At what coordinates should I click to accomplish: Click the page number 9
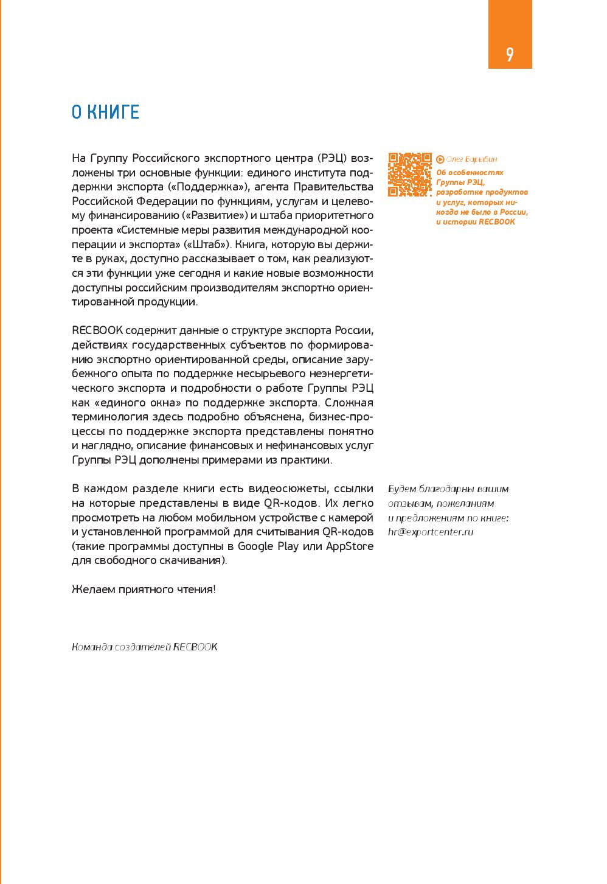(510, 55)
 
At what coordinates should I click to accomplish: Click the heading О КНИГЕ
(105, 113)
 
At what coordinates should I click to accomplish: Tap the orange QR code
(409, 175)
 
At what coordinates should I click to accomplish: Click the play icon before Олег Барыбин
(440, 159)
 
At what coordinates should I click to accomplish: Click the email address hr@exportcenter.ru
(430, 532)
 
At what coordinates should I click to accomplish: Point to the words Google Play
(268, 546)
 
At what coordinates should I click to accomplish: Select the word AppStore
(350, 546)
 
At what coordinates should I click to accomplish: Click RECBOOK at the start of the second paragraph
(97, 330)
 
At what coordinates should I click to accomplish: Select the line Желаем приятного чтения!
(144, 589)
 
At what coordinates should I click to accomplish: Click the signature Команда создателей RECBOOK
(145, 647)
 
